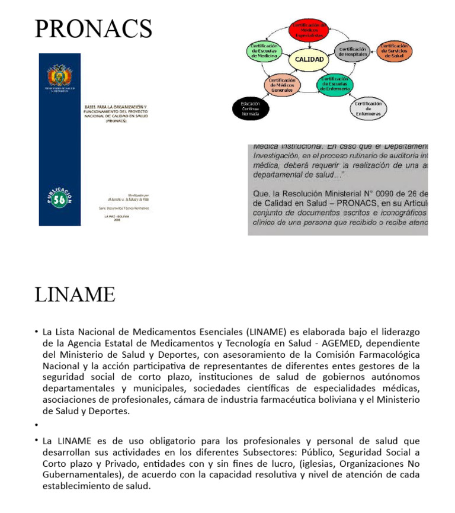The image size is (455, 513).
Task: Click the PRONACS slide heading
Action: tap(93, 28)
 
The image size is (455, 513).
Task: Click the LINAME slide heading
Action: tap(75, 294)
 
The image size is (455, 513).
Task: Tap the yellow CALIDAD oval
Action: tap(309, 59)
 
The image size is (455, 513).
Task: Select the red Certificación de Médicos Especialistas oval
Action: tap(309, 30)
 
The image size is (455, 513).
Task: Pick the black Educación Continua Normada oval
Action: tap(250, 108)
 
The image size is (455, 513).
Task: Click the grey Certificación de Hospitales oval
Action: tap(353, 52)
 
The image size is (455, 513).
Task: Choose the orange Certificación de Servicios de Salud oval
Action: tap(395, 50)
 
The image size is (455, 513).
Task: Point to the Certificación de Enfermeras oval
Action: tap(369, 108)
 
